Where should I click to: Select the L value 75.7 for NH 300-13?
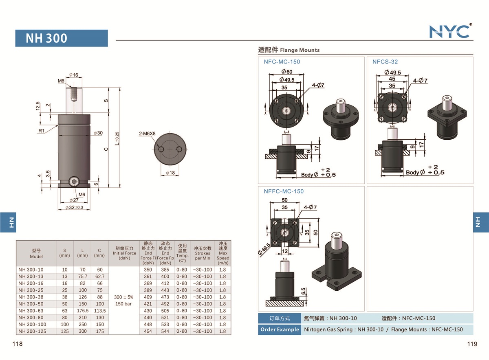coord(82,277)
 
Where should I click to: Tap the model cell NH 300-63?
coord(31,311)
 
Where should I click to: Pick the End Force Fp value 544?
coord(165,331)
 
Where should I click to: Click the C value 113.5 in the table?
coord(99,311)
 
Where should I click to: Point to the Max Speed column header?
coord(223,253)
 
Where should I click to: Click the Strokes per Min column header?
coord(203,253)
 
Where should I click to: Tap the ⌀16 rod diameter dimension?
coord(74,75)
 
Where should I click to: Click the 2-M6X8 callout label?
coord(147,133)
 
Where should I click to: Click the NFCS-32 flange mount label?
coord(385,62)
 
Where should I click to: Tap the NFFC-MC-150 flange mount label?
coord(284,191)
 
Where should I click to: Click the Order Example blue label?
coord(279,329)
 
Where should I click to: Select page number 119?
coord(472,344)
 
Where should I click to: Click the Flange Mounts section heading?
coord(289,50)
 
